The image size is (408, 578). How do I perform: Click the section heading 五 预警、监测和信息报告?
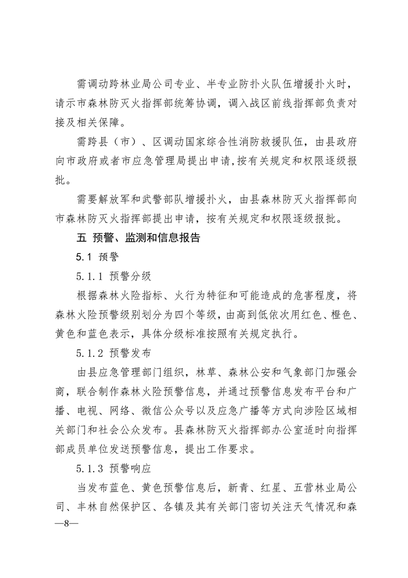(138, 239)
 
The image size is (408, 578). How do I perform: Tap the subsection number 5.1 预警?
(97, 257)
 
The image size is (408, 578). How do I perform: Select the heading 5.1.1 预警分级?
(114, 276)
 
